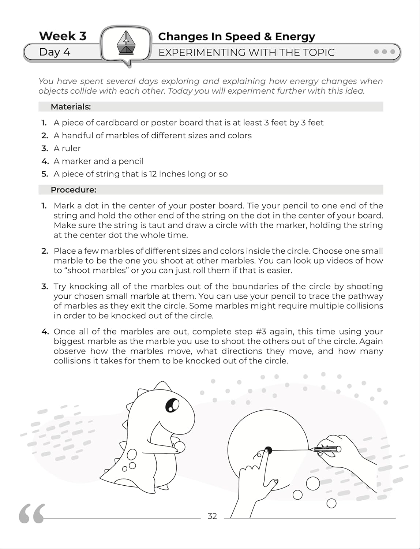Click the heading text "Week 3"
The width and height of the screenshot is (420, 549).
click(63, 36)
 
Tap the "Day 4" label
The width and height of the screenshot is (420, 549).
click(55, 52)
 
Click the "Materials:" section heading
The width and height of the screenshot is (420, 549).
click(71, 107)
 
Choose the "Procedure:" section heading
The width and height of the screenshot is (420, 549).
click(73, 190)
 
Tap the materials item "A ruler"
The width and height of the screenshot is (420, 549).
click(67, 148)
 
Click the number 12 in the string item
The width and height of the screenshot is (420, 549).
click(153, 174)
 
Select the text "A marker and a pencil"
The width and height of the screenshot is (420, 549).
click(98, 161)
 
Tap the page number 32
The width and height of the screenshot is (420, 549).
click(212, 516)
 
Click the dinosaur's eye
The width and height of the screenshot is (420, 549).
click(172, 405)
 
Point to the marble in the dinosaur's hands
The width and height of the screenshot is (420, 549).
click(180, 447)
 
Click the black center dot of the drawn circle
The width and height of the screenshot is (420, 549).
click(268, 450)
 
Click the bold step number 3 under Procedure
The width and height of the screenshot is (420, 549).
click(45, 286)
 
